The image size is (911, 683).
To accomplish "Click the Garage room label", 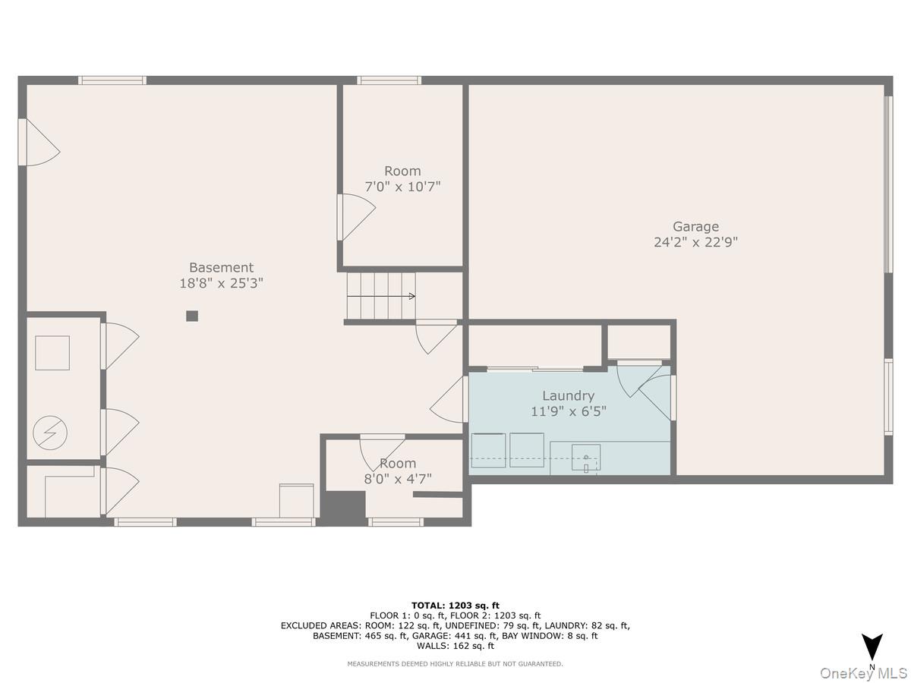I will pos(695,226).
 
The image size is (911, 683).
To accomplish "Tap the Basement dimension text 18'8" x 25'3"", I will pos(221,283).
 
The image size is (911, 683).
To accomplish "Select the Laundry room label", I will pos(568,395).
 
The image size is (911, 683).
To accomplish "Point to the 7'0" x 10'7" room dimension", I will pos(402,186).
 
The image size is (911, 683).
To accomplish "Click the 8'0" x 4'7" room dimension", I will pos(398,479).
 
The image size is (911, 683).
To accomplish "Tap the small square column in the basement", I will pos(192,316).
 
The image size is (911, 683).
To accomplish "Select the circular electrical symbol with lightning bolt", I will pos(50,433).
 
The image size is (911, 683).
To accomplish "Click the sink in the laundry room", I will pos(585,458).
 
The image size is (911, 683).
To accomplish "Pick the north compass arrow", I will pos(872,647).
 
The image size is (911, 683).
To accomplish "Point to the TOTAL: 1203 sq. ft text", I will pos(455,605).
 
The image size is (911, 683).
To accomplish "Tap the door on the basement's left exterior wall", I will pos(38,142).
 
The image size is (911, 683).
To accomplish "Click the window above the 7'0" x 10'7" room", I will pos(389,80).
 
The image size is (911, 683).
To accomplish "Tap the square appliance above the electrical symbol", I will pos(52,353).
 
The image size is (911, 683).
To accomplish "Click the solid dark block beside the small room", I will pos(344,508).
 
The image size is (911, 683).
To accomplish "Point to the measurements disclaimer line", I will pos(455,664).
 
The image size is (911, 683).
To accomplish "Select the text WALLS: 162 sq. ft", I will pos(455,646).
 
